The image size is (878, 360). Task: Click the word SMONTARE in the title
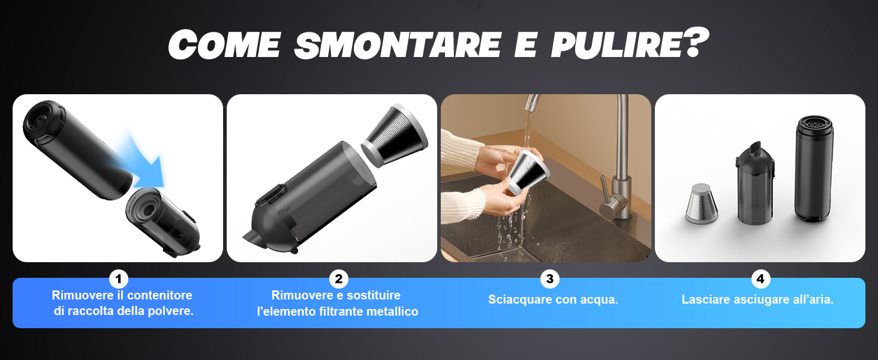pos(398,44)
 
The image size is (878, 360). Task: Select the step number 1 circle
pos(118,279)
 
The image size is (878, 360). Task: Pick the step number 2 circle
pos(338,279)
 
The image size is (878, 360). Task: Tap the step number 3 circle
pos(549,279)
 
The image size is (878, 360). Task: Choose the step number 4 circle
pos(760,279)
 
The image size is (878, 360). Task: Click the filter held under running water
pos(525,173)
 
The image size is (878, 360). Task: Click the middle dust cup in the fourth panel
pos(755,184)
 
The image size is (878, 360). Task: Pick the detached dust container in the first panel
pos(163,221)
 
